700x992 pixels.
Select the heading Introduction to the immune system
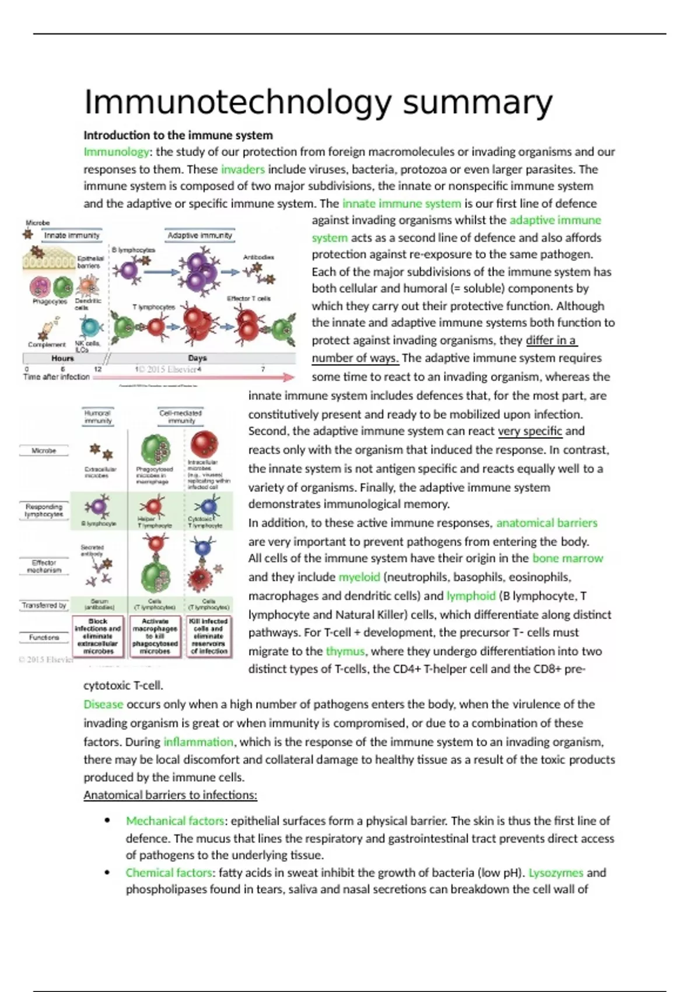pos(178,135)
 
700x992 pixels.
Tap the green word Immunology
pos(116,152)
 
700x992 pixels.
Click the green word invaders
pos(243,170)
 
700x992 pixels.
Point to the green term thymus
pos(345,651)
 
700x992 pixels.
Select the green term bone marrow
pos(567,558)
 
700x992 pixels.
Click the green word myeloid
pos(359,577)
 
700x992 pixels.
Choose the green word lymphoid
pos(470,596)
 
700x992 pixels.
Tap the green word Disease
pos(103,704)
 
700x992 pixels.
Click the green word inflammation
pos(198,742)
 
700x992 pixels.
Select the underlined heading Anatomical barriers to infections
pos(170,795)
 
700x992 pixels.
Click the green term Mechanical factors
pos(175,821)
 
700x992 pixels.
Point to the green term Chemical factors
pos(169,873)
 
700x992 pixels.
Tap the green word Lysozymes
pos(555,873)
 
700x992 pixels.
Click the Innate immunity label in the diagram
pos(72,236)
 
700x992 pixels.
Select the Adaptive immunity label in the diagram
pos(199,236)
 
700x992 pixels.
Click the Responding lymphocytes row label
pos(44,511)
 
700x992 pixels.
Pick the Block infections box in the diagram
pos(98,636)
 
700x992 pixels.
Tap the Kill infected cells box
pos(208,636)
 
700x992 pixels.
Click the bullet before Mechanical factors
pos(107,820)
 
